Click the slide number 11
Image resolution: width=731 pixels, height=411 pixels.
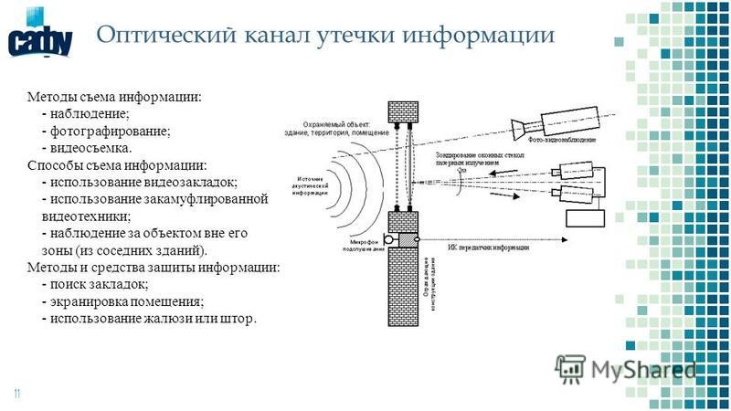[x=16, y=394]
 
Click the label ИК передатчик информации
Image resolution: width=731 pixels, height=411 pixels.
[x=489, y=248]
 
